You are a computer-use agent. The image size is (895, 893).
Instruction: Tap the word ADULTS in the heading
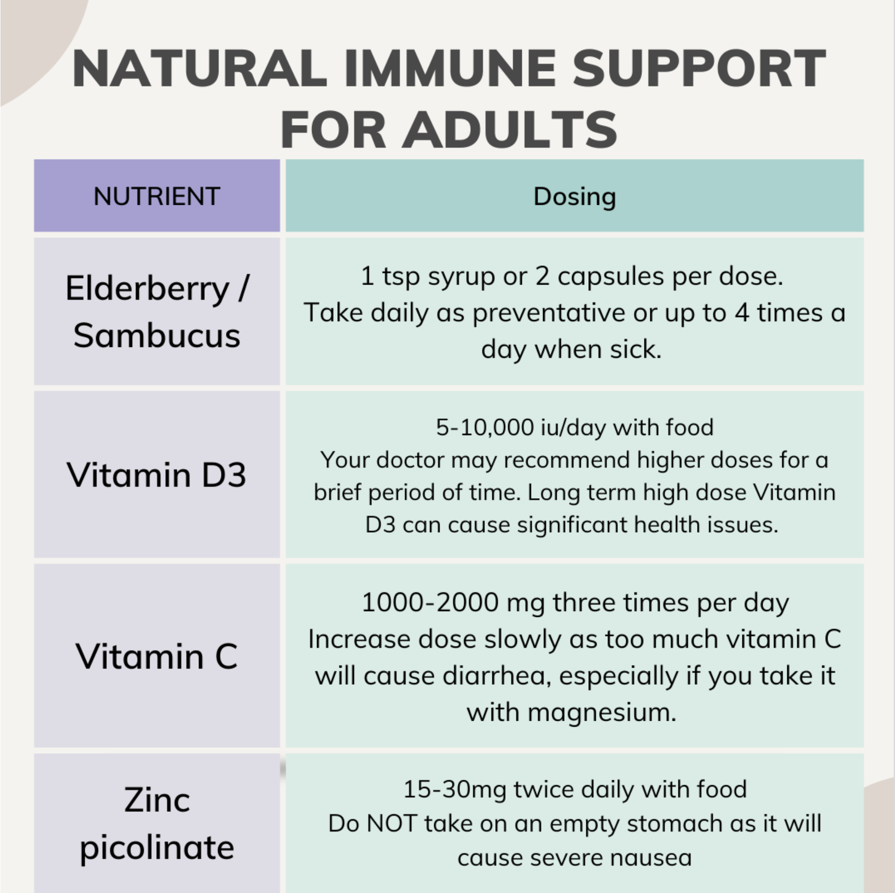pyautogui.click(x=510, y=130)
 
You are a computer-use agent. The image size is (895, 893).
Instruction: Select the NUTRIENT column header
pyautogui.click(x=157, y=196)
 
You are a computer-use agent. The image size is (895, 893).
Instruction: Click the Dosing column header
pyautogui.click(x=575, y=197)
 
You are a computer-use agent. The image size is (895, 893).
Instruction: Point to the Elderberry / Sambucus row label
pyautogui.click(x=157, y=312)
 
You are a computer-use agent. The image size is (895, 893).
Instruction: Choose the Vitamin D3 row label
pyautogui.click(x=156, y=475)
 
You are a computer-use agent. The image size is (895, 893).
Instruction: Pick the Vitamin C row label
pyautogui.click(x=157, y=656)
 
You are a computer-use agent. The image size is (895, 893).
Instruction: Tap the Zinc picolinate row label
pyautogui.click(x=157, y=824)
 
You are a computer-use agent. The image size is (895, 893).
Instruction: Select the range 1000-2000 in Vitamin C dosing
pyautogui.click(x=430, y=602)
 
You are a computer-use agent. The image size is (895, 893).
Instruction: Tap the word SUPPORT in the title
pyautogui.click(x=699, y=68)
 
